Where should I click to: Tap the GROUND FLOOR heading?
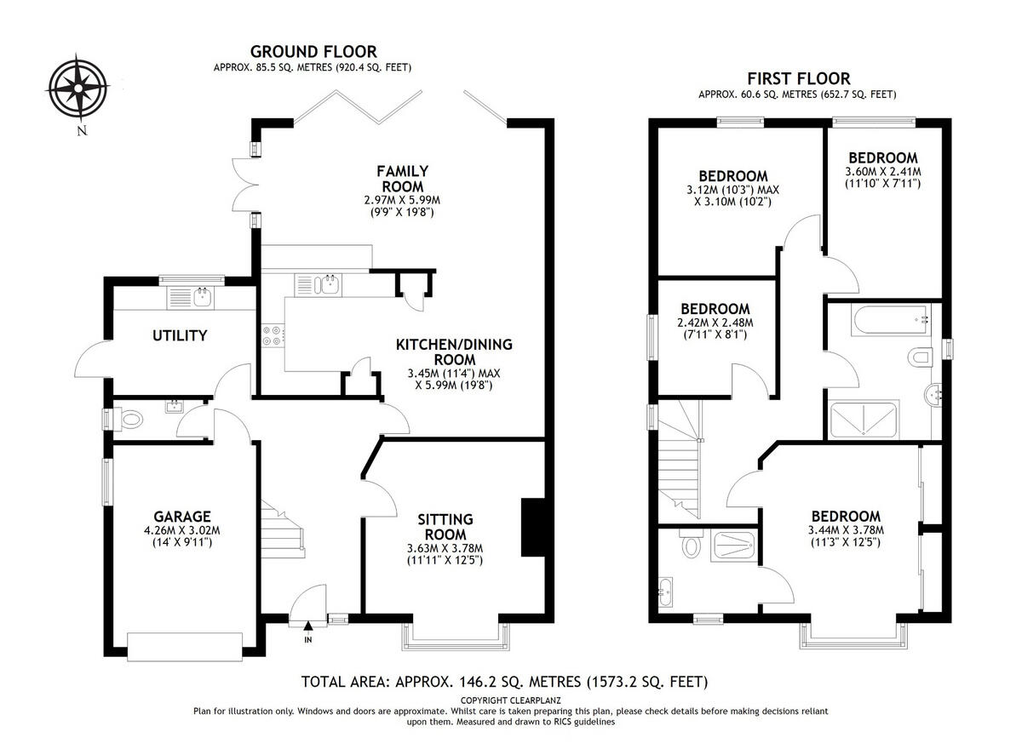point(312,52)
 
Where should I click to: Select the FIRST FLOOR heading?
point(797,78)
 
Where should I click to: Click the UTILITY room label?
point(180,335)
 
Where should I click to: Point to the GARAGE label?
point(182,516)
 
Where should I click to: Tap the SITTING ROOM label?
point(446,527)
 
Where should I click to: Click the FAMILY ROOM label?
point(402,178)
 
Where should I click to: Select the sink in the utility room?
point(202,296)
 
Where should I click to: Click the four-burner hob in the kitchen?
point(273,336)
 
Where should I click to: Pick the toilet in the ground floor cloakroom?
point(131,419)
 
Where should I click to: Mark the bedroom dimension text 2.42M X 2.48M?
point(715,323)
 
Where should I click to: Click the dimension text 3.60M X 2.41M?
point(883,171)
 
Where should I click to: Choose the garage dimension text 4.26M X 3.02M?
point(182,530)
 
